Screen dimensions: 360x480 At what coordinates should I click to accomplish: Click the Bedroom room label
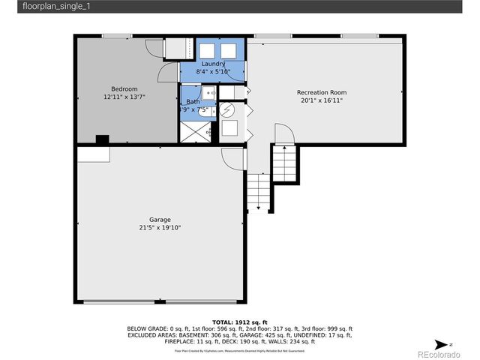pyautogui.click(x=124, y=89)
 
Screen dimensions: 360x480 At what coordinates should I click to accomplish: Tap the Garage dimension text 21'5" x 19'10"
pyautogui.click(x=160, y=227)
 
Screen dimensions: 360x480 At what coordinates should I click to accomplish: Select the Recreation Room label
pyautogui.click(x=321, y=92)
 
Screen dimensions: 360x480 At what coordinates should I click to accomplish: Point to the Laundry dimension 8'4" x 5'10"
pyautogui.click(x=213, y=71)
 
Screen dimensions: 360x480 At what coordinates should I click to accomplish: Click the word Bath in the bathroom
pyautogui.click(x=193, y=101)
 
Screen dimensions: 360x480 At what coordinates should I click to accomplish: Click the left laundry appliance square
pyautogui.click(x=207, y=50)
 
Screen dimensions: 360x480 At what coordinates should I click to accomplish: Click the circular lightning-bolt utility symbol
pyautogui.click(x=230, y=109)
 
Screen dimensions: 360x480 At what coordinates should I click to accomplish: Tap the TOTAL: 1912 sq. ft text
pyautogui.click(x=240, y=321)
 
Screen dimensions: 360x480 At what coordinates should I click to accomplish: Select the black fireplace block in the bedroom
pyautogui.click(x=102, y=139)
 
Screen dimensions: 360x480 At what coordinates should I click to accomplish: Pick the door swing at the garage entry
pyautogui.click(x=233, y=158)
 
